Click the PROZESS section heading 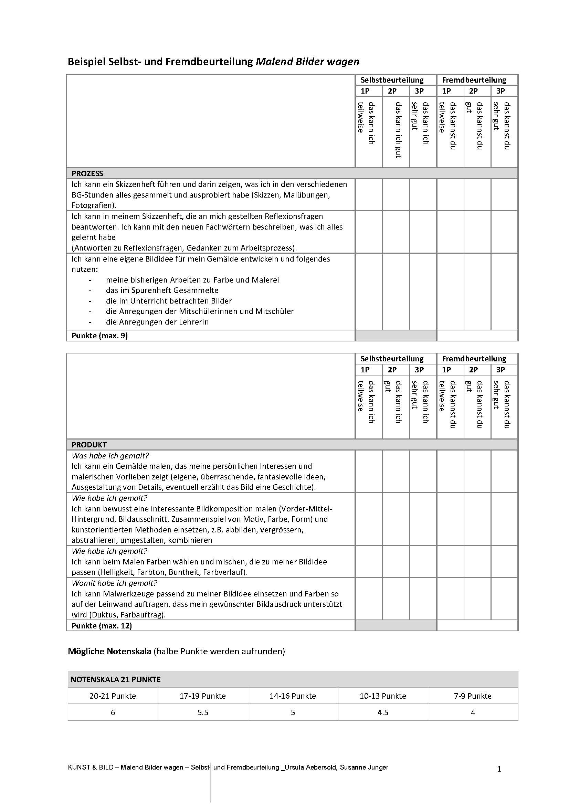click(x=87, y=173)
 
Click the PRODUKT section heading click(x=89, y=445)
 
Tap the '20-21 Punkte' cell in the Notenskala click(x=113, y=696)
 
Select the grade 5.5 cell click(x=203, y=712)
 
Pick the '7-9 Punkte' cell click(x=473, y=696)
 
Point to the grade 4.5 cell click(x=383, y=712)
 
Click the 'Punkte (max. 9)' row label click(x=99, y=336)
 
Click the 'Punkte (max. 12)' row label click(x=102, y=625)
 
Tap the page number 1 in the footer click(x=499, y=769)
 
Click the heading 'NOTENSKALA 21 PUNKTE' click(x=116, y=679)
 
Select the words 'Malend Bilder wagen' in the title click(x=307, y=62)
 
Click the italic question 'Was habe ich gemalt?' click(x=110, y=456)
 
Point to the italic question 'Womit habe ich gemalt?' click(x=114, y=583)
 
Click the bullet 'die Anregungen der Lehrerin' click(x=157, y=322)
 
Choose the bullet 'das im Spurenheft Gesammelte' click(x=162, y=290)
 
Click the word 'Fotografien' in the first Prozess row click(x=92, y=205)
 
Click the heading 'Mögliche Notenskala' click(x=109, y=652)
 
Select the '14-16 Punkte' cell click(x=293, y=696)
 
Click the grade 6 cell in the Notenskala click(x=113, y=712)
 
